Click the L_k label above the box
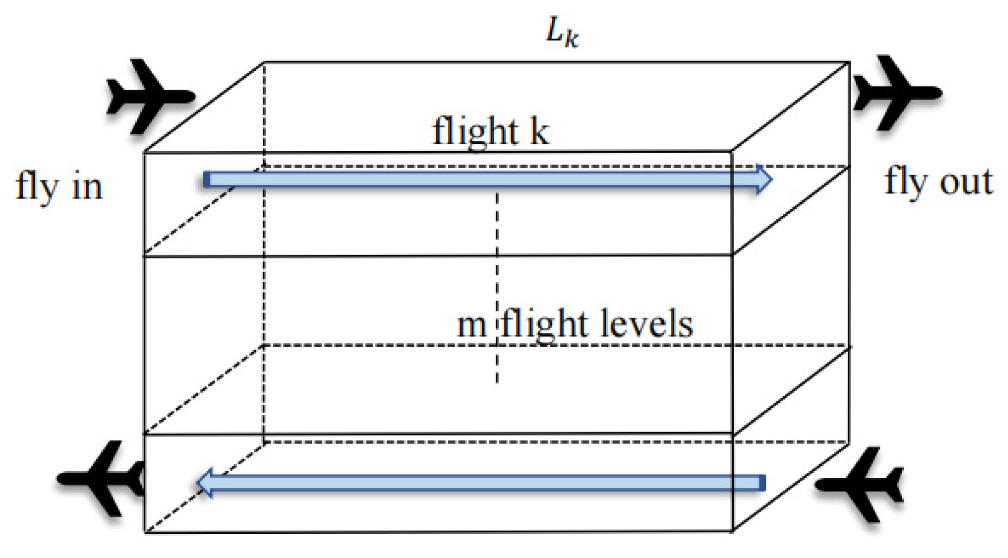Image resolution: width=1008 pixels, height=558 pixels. click(562, 33)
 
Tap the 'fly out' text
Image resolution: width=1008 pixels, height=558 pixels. click(938, 183)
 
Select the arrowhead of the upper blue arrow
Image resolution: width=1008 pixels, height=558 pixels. click(764, 179)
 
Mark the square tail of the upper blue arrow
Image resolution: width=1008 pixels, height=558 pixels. click(207, 180)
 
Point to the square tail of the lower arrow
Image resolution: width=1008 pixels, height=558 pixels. click(762, 483)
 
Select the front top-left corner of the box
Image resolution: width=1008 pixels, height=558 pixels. click(144, 152)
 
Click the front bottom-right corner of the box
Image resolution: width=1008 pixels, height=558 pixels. click(733, 531)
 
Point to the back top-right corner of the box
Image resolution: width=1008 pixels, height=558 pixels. click(849, 62)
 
